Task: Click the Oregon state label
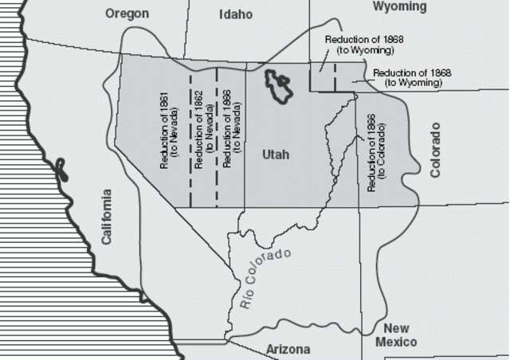pyautogui.click(x=127, y=14)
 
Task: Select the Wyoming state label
pyautogui.click(x=399, y=7)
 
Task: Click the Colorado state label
pyautogui.click(x=435, y=151)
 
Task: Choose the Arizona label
pyautogui.click(x=288, y=349)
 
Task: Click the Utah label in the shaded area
pyautogui.click(x=276, y=155)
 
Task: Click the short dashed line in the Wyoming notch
pyautogui.click(x=335, y=76)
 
